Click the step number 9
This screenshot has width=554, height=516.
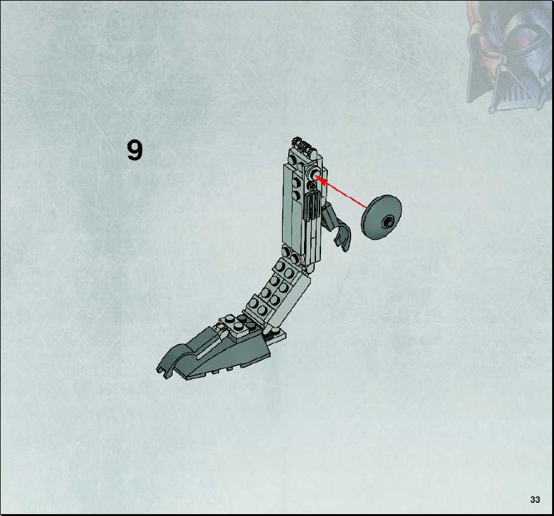(134, 150)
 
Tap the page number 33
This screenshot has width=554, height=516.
(535, 500)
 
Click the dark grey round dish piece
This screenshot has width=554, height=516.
(381, 217)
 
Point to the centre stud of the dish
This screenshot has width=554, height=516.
(388, 222)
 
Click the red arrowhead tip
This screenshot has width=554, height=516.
(315, 175)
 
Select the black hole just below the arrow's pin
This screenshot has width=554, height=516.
(312, 185)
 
